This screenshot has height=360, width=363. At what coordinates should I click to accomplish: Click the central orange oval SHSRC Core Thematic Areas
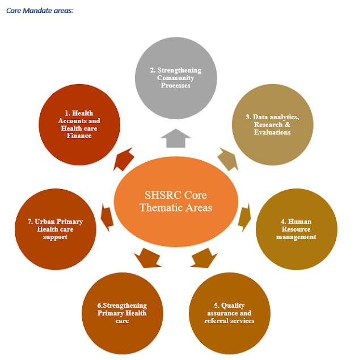[x=175, y=202]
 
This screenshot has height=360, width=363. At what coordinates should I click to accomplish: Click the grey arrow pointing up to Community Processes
[x=175, y=138]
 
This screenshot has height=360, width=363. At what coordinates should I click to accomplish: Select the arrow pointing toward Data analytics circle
[x=227, y=160]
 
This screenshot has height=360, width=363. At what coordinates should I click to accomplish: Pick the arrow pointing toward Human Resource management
[x=244, y=215]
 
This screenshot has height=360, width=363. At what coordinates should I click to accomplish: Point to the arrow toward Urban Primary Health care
[x=106, y=215]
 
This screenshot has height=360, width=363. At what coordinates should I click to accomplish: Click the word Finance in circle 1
[x=79, y=136]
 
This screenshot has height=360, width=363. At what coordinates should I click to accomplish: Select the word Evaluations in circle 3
[x=272, y=132]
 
